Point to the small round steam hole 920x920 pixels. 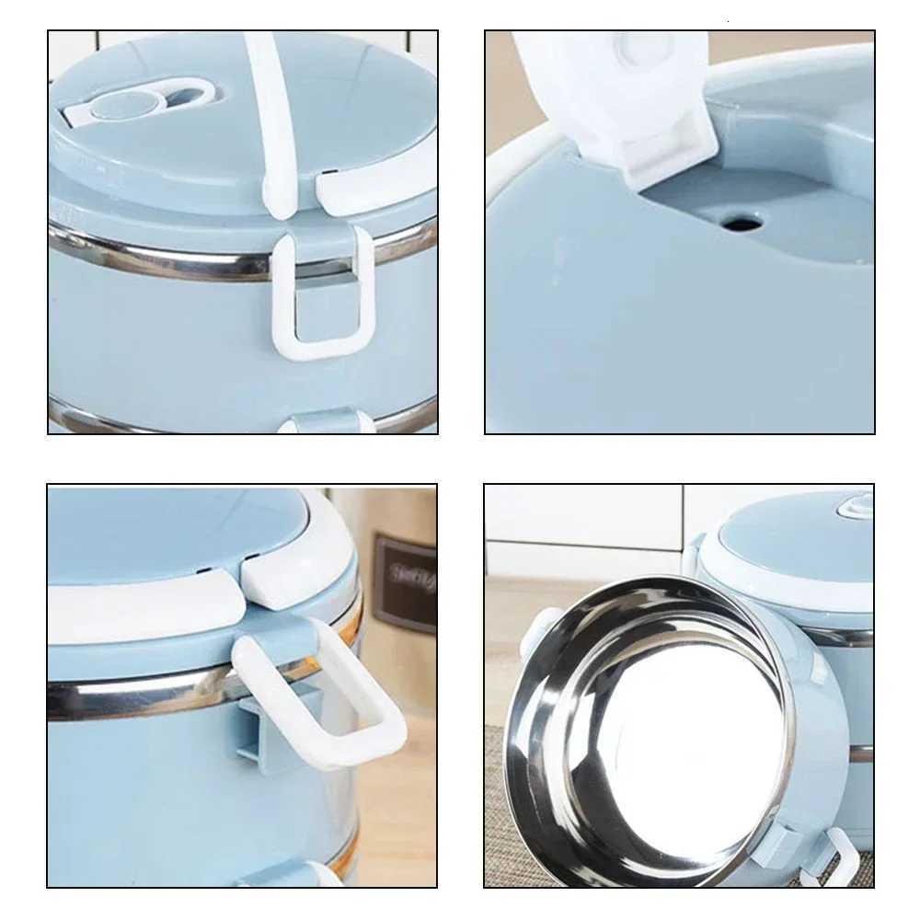[x=741, y=222]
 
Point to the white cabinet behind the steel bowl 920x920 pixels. [x=580, y=515]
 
